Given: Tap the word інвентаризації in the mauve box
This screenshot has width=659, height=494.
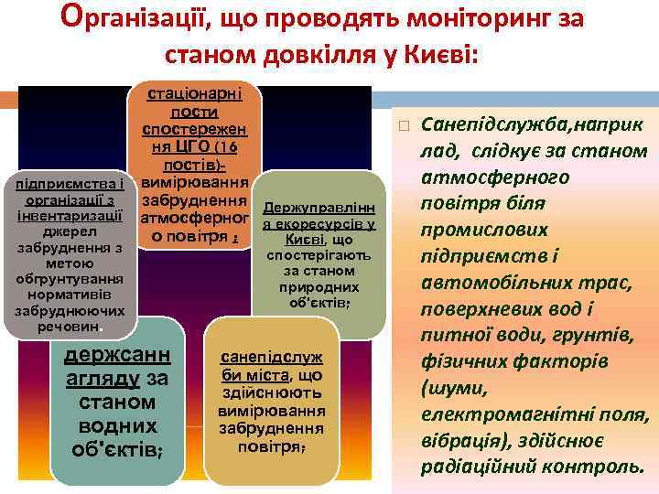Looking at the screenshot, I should [x=70, y=215].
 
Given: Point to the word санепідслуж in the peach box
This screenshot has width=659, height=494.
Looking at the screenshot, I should [x=273, y=359].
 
